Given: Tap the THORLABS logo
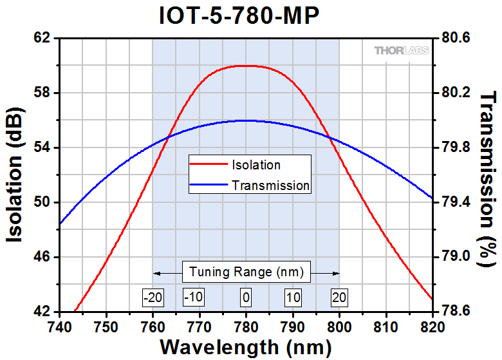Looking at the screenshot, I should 400,50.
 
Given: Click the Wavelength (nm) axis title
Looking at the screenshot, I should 245,346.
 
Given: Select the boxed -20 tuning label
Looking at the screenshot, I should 153,297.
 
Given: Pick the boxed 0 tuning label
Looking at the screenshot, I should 246,297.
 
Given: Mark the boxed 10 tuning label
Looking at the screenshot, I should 293,297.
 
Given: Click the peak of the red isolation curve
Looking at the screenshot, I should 246,66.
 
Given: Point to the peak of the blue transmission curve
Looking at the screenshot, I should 246,120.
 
